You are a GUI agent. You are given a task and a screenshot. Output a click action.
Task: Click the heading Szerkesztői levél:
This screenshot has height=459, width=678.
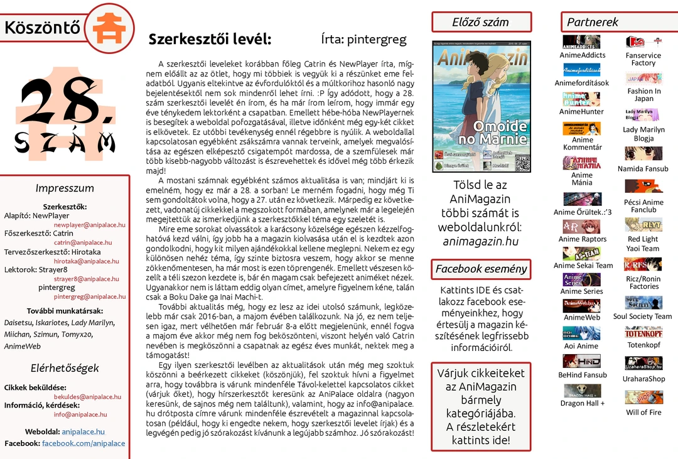coord(210,40)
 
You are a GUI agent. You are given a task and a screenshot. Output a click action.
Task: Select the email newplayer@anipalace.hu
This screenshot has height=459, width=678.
coord(90,225)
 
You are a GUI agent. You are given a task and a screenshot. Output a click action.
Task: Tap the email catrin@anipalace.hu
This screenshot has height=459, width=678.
coord(83,242)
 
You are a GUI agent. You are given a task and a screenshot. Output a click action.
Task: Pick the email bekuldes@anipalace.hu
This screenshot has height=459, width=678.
coord(87,397)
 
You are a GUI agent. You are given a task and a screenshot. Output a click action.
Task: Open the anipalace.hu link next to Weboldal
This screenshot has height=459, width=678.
coord(83,432)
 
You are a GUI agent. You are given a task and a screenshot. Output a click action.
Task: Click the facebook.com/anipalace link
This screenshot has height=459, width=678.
coord(83,443)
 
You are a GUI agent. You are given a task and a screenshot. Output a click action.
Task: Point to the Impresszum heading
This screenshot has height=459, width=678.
coord(65,188)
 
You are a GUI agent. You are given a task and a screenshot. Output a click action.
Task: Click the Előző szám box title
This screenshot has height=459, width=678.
coord(480,22)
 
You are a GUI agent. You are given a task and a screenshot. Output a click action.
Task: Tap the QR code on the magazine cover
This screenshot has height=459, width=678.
coord(522,163)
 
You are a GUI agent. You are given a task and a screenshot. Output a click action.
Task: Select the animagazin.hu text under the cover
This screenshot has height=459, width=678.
coord(480,241)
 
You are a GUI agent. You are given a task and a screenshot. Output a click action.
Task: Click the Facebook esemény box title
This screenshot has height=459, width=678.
coord(480,269)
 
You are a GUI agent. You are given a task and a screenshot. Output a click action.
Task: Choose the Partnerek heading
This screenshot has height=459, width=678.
coord(593,22)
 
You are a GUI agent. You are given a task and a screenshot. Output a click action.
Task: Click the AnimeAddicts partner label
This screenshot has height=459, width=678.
coord(582,55)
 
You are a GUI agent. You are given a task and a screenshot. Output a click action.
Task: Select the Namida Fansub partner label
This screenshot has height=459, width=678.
coord(643,169)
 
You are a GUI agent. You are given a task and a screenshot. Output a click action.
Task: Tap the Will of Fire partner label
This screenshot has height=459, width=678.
coord(643,413)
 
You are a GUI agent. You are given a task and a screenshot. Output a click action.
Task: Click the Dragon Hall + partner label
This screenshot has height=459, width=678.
coord(582,403)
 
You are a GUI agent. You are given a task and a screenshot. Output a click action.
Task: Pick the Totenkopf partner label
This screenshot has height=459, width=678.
coord(643,345)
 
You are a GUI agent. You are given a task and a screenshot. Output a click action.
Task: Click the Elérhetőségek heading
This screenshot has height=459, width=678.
coord(65,368)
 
